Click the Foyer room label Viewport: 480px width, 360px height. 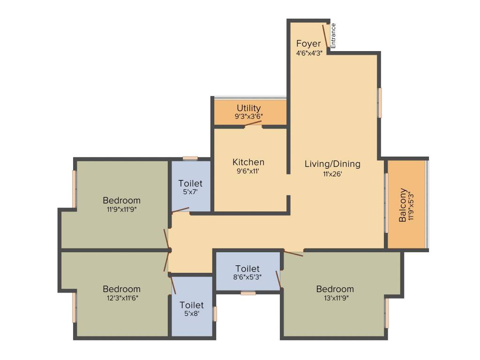tap(308, 44)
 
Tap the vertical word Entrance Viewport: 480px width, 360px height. tap(334, 36)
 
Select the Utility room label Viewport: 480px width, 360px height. tap(248, 108)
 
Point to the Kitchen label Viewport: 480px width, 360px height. tap(248, 162)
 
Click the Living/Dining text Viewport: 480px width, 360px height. tap(332, 164)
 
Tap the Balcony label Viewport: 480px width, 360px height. tap(403, 205)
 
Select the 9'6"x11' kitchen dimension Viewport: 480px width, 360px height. tap(248, 171)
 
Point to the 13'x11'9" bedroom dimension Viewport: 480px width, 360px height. tap(335, 298)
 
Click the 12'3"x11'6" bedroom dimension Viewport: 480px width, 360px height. tap(122, 298)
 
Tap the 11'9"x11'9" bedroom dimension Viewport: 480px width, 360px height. tap(122, 210)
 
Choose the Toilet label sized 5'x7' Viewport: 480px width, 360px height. tap(190, 183)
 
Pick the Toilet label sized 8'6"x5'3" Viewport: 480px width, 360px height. tap(247, 269)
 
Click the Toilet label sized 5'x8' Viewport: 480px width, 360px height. tap(191, 305)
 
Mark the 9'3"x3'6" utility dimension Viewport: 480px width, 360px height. tap(248, 116)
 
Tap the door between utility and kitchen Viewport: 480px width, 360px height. tap(253, 124)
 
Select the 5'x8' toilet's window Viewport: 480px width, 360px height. tap(215, 314)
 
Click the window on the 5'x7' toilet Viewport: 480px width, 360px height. tap(190, 158)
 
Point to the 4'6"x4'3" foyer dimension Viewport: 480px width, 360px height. tap(308, 53)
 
